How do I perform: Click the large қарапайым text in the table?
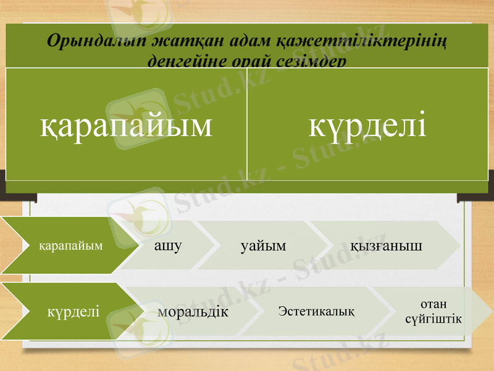click(127, 124)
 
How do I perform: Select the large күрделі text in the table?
click(367, 124)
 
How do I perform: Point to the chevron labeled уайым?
click(264, 245)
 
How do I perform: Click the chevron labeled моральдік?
click(193, 311)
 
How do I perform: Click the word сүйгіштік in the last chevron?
click(433, 318)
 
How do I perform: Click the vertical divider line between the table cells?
click(246, 124)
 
